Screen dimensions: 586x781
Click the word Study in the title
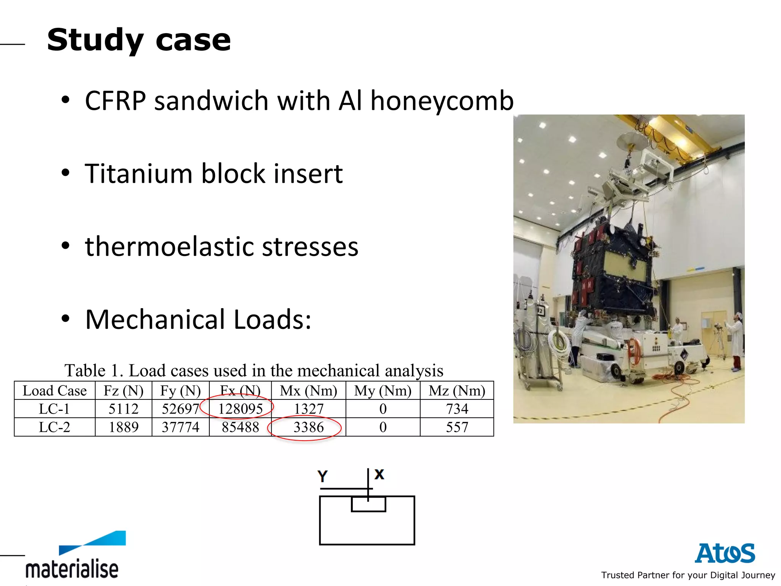(x=95, y=40)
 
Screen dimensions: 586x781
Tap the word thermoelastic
(x=170, y=246)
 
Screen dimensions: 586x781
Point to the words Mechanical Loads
(x=198, y=319)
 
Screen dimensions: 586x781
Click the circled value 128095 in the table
(x=240, y=409)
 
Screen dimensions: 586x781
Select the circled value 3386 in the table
(x=308, y=427)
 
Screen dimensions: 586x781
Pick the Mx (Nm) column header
(x=308, y=391)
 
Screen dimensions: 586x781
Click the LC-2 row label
(x=55, y=427)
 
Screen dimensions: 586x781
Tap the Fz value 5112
(x=123, y=409)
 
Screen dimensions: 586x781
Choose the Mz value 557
(x=457, y=427)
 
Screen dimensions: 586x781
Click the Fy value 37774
(x=180, y=427)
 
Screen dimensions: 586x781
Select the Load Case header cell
(x=55, y=391)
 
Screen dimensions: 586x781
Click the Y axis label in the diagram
(x=323, y=476)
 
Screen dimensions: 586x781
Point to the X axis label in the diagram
(x=379, y=474)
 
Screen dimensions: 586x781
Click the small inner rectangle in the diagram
(x=368, y=504)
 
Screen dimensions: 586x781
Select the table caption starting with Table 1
(x=254, y=370)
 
